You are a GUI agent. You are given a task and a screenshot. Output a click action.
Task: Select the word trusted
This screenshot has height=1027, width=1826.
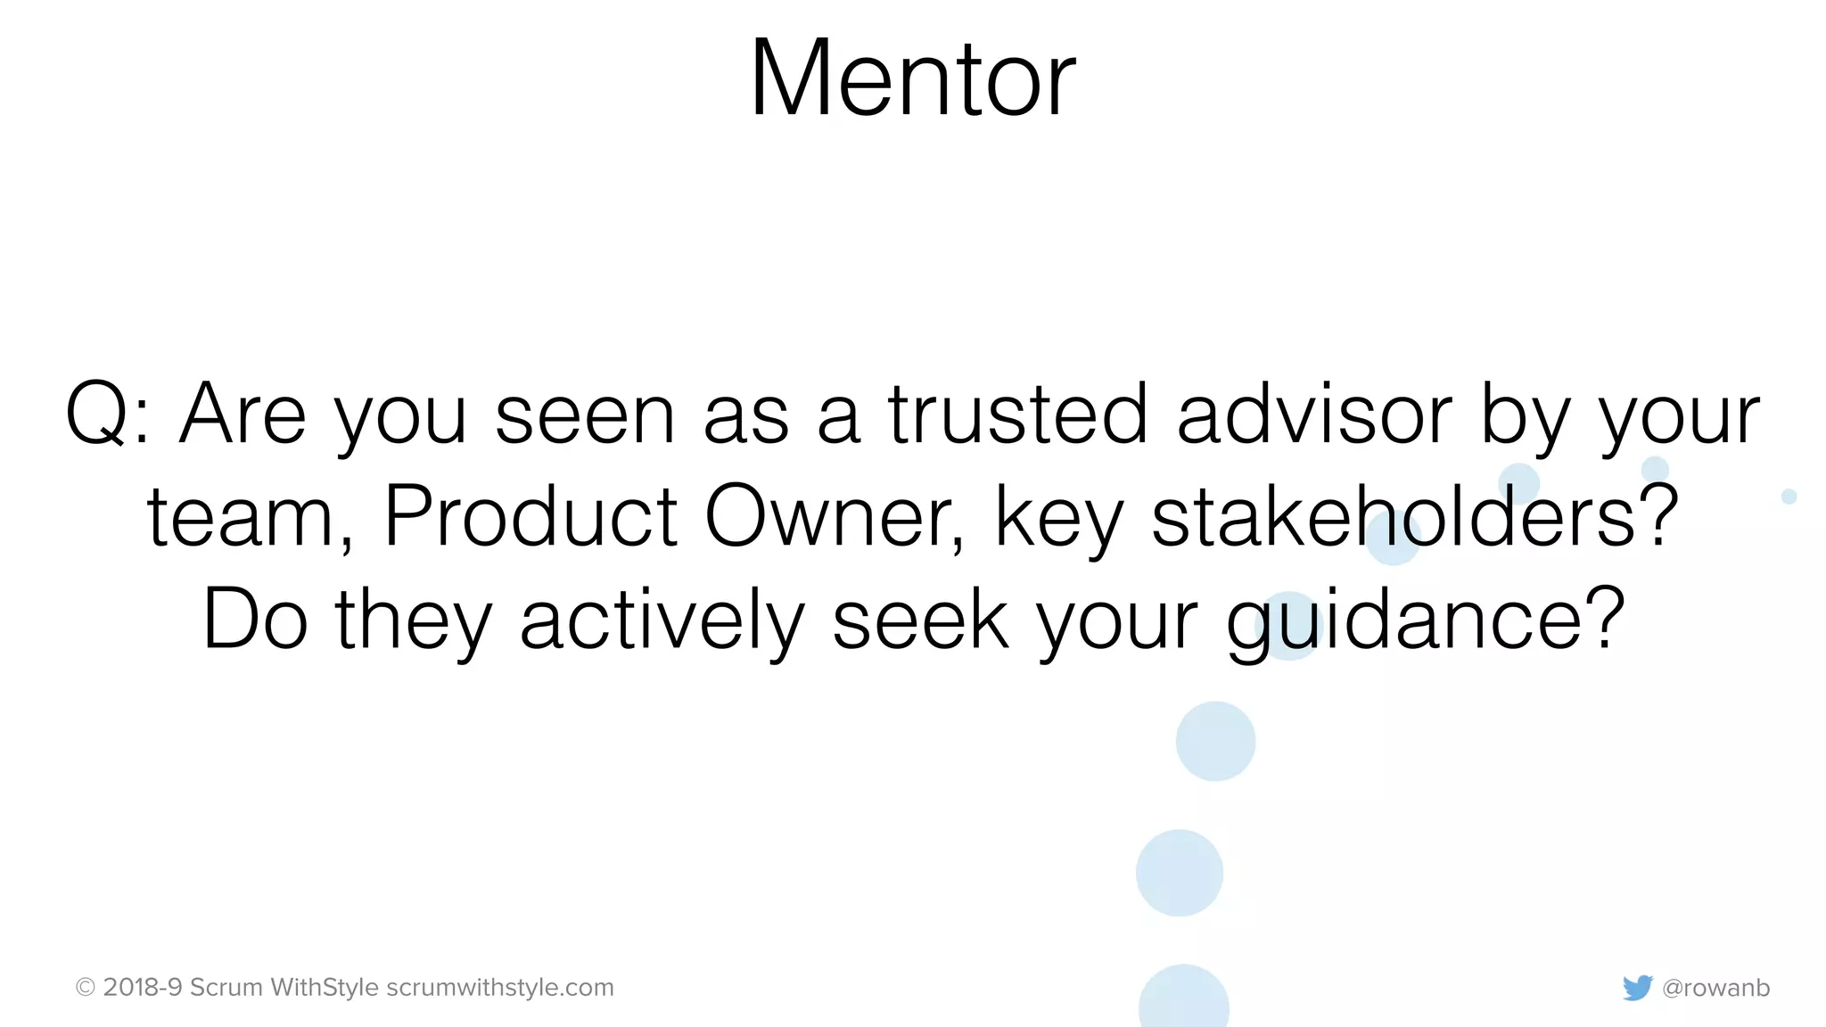tap(1016, 414)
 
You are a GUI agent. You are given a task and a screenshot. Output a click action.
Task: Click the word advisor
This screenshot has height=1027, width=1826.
tap(1314, 414)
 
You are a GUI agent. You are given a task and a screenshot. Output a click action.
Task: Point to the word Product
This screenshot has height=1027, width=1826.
tap(531, 516)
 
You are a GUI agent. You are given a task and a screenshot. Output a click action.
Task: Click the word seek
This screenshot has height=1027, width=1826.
tap(920, 620)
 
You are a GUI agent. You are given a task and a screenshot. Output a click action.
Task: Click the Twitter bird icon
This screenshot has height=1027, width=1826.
tap(1637, 988)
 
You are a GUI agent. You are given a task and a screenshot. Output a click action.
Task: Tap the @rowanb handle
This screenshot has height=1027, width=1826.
tap(1716, 988)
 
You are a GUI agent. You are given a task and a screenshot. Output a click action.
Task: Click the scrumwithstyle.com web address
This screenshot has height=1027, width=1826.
tap(500, 988)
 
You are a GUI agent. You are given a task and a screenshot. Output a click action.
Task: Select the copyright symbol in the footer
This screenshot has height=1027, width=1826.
tap(86, 988)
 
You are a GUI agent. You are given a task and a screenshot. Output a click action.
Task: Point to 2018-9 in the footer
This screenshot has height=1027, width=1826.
tap(143, 988)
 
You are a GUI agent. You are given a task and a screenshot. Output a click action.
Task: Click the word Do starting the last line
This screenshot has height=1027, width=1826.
tap(255, 620)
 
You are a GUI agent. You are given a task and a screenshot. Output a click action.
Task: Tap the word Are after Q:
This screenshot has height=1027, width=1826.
tap(243, 414)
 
